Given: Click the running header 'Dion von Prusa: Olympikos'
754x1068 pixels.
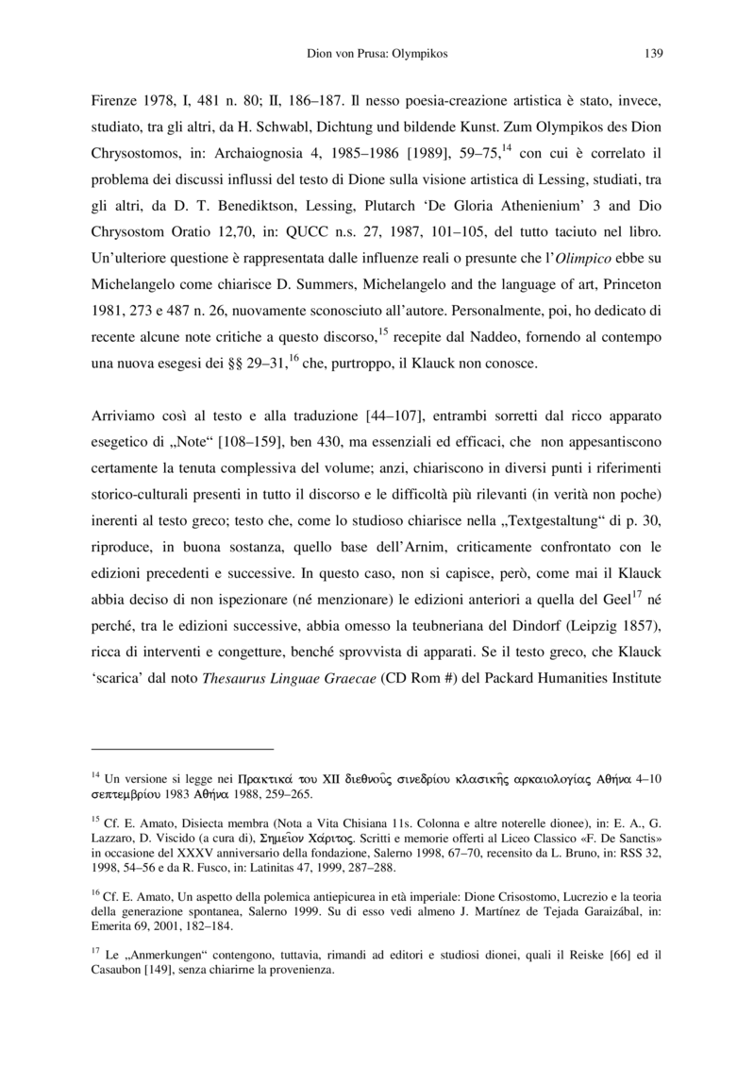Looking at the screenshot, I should (x=377, y=54).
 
